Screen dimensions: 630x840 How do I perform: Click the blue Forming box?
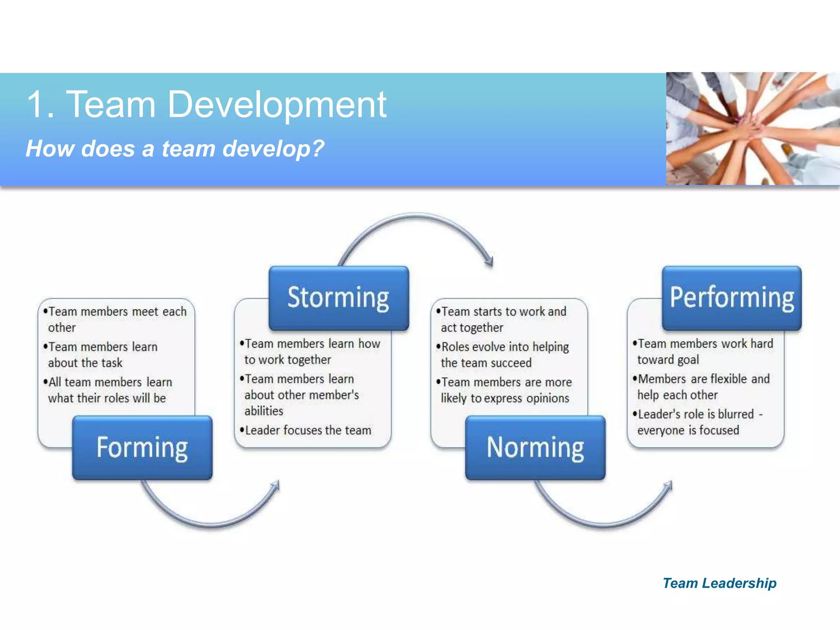click(142, 447)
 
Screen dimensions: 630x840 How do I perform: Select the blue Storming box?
click(338, 298)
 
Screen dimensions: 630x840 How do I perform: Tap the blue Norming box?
click(535, 447)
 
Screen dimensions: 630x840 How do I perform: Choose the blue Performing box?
click(732, 298)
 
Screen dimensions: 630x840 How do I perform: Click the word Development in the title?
click(277, 105)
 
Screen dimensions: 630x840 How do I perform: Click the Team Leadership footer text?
click(719, 583)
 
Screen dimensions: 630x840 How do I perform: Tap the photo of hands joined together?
click(753, 129)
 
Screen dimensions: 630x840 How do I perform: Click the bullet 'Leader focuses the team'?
click(306, 430)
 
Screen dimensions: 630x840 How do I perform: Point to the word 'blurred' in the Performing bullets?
click(736, 414)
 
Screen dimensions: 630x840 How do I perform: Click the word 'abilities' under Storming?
click(264, 411)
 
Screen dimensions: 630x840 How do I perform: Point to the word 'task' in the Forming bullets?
click(112, 363)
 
